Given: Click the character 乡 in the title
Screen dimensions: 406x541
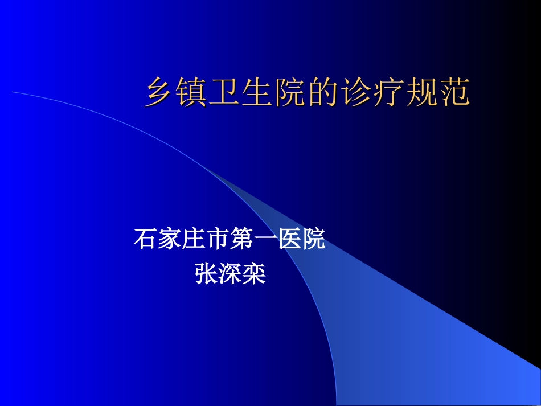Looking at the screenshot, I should [x=159, y=93].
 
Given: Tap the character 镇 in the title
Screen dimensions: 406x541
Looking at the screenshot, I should [x=192, y=93].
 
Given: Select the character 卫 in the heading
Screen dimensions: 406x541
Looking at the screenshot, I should [x=225, y=93].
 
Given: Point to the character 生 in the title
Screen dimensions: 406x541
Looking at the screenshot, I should [x=258, y=93].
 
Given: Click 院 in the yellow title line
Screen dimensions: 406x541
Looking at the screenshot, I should [x=291, y=93].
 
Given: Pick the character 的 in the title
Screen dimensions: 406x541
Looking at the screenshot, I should [x=324, y=93].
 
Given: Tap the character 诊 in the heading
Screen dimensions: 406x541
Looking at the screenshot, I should [x=357, y=93].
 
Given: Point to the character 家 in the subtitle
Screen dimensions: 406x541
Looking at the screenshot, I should [x=169, y=239].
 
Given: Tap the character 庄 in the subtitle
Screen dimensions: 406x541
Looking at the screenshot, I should [x=193, y=239].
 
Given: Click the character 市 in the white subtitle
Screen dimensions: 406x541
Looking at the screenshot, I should [x=217, y=239].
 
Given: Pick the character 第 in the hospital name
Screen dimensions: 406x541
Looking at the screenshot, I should [x=241, y=239].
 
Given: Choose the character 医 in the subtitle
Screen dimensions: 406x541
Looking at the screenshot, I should [x=289, y=239].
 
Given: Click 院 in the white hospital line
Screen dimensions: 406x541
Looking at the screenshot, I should [x=314, y=239].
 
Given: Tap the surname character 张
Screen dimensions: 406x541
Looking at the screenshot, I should [x=206, y=274].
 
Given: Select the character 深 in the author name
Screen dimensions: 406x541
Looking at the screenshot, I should [x=229, y=274].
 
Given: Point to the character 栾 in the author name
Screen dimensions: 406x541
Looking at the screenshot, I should [x=254, y=274].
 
